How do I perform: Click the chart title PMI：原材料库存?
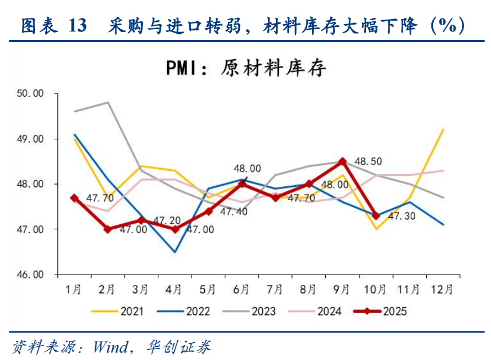click(x=246, y=68)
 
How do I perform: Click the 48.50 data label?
click(x=369, y=162)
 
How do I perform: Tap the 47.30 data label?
click(x=401, y=217)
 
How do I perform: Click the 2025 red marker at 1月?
click(x=74, y=198)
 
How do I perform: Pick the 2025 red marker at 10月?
click(x=376, y=216)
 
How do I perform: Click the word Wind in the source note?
click(x=112, y=346)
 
